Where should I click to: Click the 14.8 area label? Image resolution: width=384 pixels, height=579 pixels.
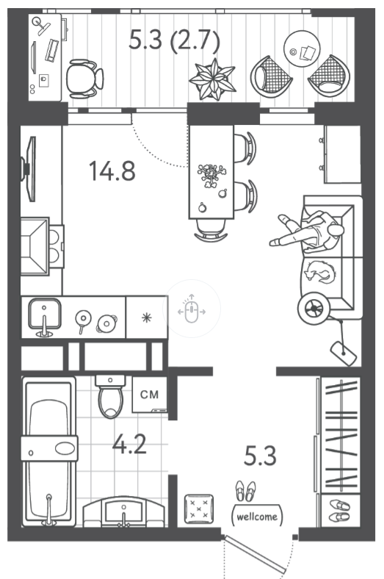coord(112,171)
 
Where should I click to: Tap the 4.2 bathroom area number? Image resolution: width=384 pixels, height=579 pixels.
coord(129,444)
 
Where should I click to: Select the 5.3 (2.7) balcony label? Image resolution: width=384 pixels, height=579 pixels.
coord(174,40)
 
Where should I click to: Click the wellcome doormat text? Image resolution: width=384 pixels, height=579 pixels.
coord(257,516)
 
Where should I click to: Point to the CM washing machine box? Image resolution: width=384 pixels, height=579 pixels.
coord(149,395)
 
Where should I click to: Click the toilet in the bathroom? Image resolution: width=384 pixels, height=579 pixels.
coord(110,397)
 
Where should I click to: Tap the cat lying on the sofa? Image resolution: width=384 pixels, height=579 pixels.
coord(320,273)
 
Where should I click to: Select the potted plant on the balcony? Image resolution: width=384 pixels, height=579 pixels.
coord(212,79)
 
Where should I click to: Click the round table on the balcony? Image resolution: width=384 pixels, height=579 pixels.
coord(302,48)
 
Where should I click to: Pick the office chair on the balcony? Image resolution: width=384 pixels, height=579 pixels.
coord(85,79)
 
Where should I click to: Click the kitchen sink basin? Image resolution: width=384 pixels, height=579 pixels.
coord(45,314)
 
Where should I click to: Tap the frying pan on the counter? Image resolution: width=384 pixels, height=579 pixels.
coord(83,320)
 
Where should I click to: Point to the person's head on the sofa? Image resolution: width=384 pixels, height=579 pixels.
coord(336,231)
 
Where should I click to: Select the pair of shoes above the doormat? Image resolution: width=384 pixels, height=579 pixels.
coord(246,491)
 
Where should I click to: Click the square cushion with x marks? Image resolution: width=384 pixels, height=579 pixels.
coord(199,509)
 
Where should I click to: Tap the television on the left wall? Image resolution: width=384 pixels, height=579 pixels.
coord(29,169)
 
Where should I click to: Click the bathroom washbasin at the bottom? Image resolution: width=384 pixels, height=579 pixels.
coord(123,512)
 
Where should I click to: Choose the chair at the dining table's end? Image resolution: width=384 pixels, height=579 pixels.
coord(211,231)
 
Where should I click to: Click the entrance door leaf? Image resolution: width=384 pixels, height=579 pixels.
coord(256,554)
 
